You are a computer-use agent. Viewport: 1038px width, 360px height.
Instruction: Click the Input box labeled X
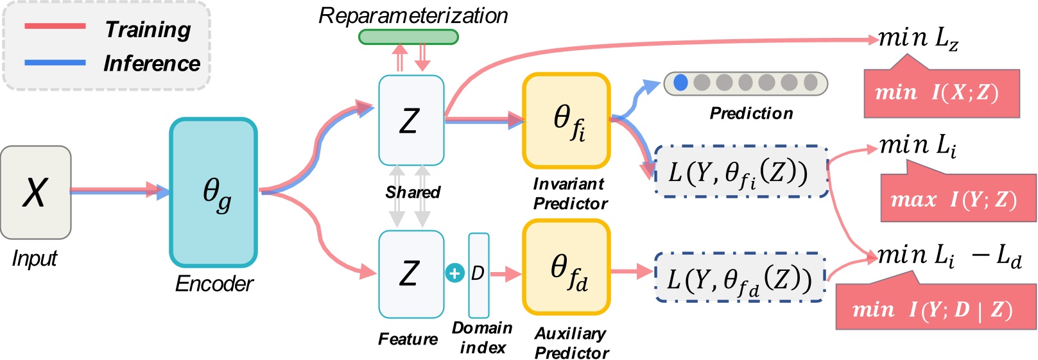pyautogui.click(x=35, y=192)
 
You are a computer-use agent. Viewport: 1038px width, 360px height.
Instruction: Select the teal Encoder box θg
pyautogui.click(x=214, y=192)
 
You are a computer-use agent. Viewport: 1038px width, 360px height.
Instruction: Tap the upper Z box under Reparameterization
pyautogui.click(x=411, y=120)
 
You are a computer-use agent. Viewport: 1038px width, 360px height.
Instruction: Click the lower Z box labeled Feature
pyautogui.click(x=411, y=274)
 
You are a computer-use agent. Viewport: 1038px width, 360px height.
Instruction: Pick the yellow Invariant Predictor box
pyautogui.click(x=566, y=121)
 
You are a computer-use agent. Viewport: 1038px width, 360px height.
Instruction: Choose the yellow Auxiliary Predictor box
pyautogui.click(x=566, y=268)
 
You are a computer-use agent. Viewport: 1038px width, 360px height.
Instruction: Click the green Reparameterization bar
pyautogui.click(x=408, y=37)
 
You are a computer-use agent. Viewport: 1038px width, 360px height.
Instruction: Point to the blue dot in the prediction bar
pyautogui.click(x=681, y=83)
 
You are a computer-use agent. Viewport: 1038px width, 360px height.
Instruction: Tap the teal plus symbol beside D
pyautogui.click(x=454, y=273)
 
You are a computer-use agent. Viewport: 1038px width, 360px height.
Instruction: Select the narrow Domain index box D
pyautogui.click(x=478, y=275)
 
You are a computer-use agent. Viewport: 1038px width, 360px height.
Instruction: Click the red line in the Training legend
pyautogui.click(x=55, y=26)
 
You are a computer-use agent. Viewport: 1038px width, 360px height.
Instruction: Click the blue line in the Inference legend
pyautogui.click(x=55, y=62)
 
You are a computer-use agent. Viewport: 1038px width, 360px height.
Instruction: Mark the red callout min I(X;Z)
pyautogui.click(x=941, y=94)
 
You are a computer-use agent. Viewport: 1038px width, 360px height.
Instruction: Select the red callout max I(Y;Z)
pyautogui.click(x=958, y=200)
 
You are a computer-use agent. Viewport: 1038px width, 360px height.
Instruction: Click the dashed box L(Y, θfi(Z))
pyautogui.click(x=741, y=172)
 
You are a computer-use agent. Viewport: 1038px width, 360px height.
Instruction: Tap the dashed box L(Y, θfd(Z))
pyautogui.click(x=740, y=278)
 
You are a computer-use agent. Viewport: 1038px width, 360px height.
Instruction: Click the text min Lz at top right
pyautogui.click(x=918, y=39)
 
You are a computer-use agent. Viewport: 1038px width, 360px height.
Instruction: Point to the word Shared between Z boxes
pyautogui.click(x=413, y=192)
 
